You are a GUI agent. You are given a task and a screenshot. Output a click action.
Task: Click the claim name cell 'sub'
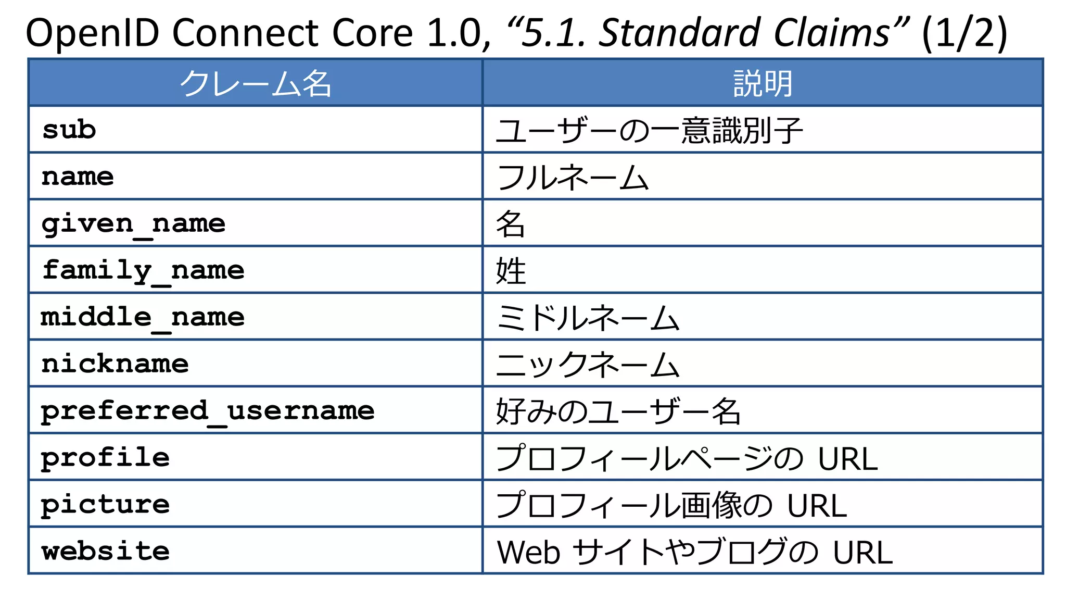[69, 130]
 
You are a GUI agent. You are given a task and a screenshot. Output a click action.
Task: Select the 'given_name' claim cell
[133, 224]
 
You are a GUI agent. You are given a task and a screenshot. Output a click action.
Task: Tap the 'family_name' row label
[143, 270]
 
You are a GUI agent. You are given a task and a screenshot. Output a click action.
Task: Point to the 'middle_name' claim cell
[143, 317]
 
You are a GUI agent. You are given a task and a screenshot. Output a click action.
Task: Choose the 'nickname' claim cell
[115, 364]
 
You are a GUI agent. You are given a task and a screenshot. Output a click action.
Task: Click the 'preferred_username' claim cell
[207, 411]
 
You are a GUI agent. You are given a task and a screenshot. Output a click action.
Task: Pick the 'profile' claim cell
[105, 458]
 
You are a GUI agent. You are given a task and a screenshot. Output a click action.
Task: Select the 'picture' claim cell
[105, 505]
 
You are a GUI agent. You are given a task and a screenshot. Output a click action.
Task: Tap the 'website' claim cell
[105, 551]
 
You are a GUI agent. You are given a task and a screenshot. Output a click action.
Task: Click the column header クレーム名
[256, 83]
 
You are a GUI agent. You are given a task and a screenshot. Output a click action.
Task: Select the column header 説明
[763, 83]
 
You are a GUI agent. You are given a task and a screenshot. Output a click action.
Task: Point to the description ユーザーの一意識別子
[649, 130]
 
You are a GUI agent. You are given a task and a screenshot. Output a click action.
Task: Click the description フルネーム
[573, 177]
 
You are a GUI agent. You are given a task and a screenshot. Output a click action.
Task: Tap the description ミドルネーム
[588, 318]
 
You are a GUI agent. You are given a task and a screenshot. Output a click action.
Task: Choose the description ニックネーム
[588, 365]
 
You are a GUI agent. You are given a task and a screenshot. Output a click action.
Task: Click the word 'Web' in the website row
[528, 552]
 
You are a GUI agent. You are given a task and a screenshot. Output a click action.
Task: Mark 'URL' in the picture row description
[817, 506]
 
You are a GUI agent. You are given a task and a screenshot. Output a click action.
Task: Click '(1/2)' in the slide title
[964, 33]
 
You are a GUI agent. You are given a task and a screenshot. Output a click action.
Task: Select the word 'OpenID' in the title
[92, 33]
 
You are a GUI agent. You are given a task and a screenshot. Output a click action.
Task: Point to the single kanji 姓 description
[511, 271]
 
